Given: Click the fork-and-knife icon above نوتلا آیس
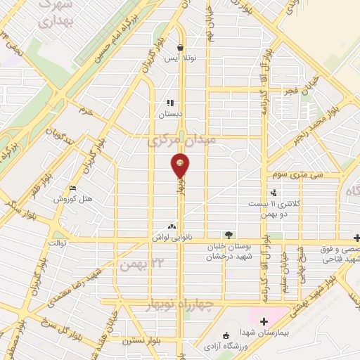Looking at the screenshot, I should pos(169,48).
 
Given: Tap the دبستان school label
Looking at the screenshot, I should pos(169,112).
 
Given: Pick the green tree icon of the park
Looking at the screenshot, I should pos(228,235).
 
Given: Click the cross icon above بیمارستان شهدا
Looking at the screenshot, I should pos(264,321).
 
